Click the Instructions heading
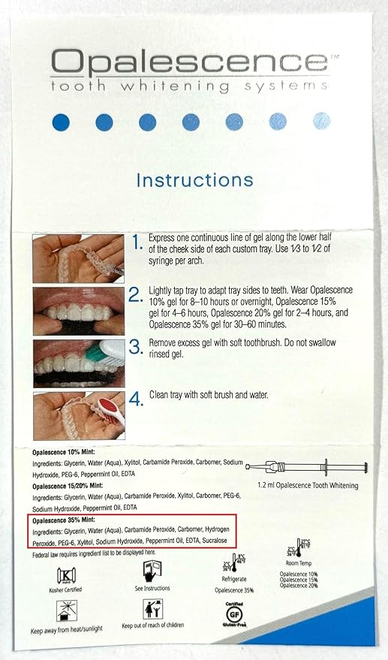pyautogui.click(x=194, y=180)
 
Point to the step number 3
pyautogui.click(x=136, y=347)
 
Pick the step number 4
pyautogui.click(x=136, y=398)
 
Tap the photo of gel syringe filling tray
pyautogui.click(x=79, y=258)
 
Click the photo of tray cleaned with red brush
pyautogui.click(x=79, y=414)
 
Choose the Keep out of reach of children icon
pyautogui.click(x=154, y=610)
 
